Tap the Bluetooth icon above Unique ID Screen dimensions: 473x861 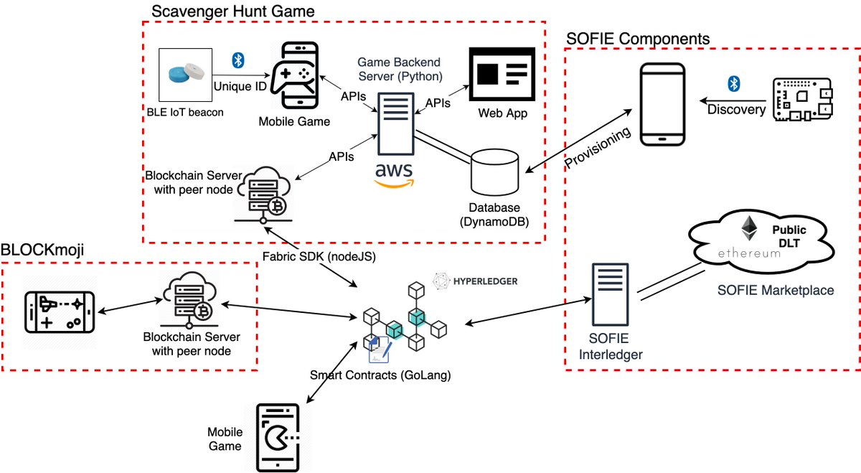point(238,60)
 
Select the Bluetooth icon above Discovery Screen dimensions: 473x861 point(733,84)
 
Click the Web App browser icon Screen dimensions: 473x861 point(501,74)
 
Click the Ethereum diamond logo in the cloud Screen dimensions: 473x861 point(751,228)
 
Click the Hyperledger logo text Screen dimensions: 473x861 point(475,281)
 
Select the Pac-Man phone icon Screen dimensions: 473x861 point(278,437)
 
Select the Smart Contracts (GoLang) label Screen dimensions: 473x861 point(380,374)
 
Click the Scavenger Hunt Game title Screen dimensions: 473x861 point(232,11)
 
